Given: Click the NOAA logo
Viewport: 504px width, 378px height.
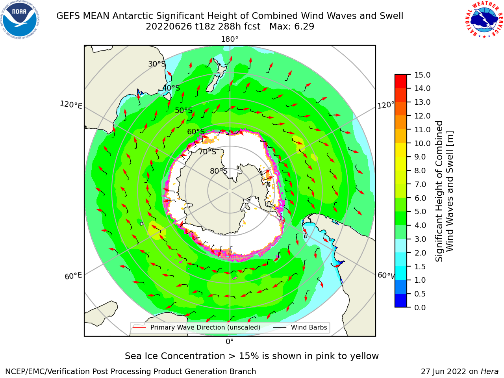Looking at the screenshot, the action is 20,20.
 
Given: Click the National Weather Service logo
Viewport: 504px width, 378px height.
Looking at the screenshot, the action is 484,20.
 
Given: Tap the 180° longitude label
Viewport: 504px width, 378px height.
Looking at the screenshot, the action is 230,39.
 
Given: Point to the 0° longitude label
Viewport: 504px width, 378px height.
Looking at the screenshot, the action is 230,342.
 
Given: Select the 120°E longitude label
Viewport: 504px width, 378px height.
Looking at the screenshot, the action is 71,105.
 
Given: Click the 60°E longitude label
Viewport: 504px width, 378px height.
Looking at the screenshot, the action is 73,276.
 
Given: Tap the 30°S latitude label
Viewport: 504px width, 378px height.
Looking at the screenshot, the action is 157,64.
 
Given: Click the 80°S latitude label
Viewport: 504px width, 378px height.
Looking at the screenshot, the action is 219,171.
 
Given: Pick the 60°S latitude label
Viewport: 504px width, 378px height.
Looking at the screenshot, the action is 196,132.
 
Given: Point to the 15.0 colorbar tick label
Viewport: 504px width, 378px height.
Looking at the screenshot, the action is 422,75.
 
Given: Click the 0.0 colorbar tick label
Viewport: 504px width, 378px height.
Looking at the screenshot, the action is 420,308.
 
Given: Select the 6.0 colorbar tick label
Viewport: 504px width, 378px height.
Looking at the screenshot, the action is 420,198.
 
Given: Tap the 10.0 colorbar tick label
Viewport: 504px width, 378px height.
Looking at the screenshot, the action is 422,143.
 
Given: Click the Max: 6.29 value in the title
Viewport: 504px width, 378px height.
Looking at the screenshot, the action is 292,27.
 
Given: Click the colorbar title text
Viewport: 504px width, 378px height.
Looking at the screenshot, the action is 444,191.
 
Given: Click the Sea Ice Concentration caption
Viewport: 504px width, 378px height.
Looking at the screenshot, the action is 252,356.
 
